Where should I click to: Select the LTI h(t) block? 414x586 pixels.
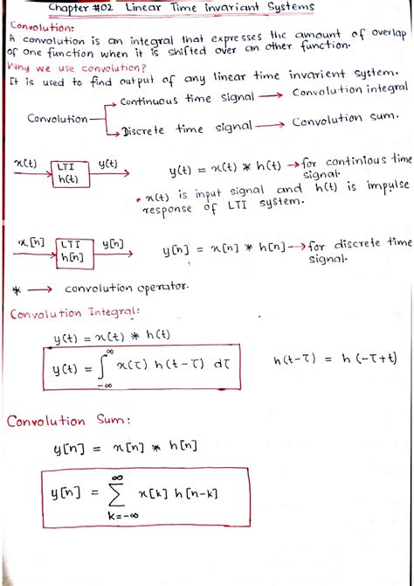pyautogui.click(x=66, y=171)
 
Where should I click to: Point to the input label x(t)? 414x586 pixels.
pyautogui.click(x=26, y=163)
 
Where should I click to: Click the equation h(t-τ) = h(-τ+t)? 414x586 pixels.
pyautogui.click(x=335, y=359)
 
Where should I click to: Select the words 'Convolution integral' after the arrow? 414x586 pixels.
pyautogui.click(x=350, y=90)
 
